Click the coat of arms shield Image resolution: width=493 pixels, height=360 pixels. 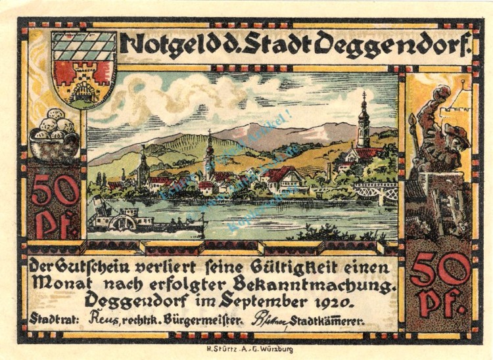click(x=83, y=69)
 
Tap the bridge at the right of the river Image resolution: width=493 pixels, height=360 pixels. click(x=376, y=191)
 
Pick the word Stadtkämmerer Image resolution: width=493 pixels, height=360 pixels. click(x=329, y=321)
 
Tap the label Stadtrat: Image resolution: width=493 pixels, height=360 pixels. click(x=53, y=321)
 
